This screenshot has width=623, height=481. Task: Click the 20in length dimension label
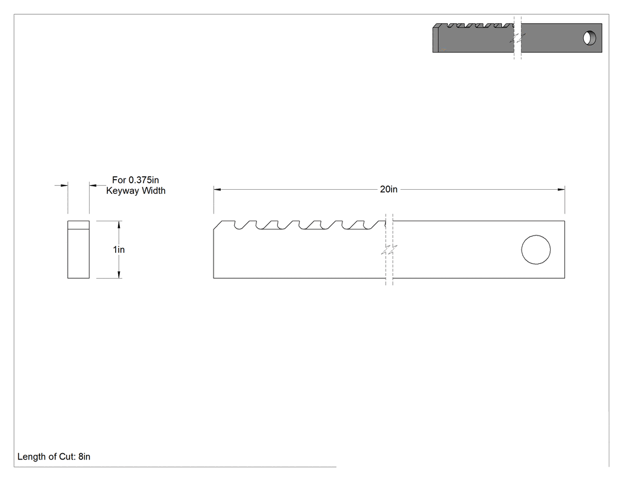click(x=388, y=189)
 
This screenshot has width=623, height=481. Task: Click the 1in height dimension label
click(x=119, y=250)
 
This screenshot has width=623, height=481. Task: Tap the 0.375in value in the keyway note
click(x=144, y=180)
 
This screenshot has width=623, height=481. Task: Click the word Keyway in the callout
click(x=122, y=191)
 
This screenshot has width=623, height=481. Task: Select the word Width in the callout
click(x=153, y=190)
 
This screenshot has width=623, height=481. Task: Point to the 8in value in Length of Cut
click(x=84, y=457)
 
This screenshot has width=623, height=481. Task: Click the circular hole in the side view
click(x=536, y=250)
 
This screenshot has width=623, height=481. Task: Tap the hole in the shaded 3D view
click(x=590, y=38)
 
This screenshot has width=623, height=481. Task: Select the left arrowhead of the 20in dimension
click(x=217, y=189)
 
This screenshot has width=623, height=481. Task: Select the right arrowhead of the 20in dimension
click(x=561, y=189)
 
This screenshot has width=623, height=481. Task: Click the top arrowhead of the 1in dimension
click(x=119, y=225)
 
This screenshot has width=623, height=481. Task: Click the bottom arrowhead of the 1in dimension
click(x=119, y=274)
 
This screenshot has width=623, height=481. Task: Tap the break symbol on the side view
click(x=389, y=250)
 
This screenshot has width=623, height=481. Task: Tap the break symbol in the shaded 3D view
click(x=517, y=38)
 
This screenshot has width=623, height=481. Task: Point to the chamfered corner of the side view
click(x=218, y=225)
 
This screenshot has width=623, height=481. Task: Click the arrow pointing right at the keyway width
click(x=62, y=185)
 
